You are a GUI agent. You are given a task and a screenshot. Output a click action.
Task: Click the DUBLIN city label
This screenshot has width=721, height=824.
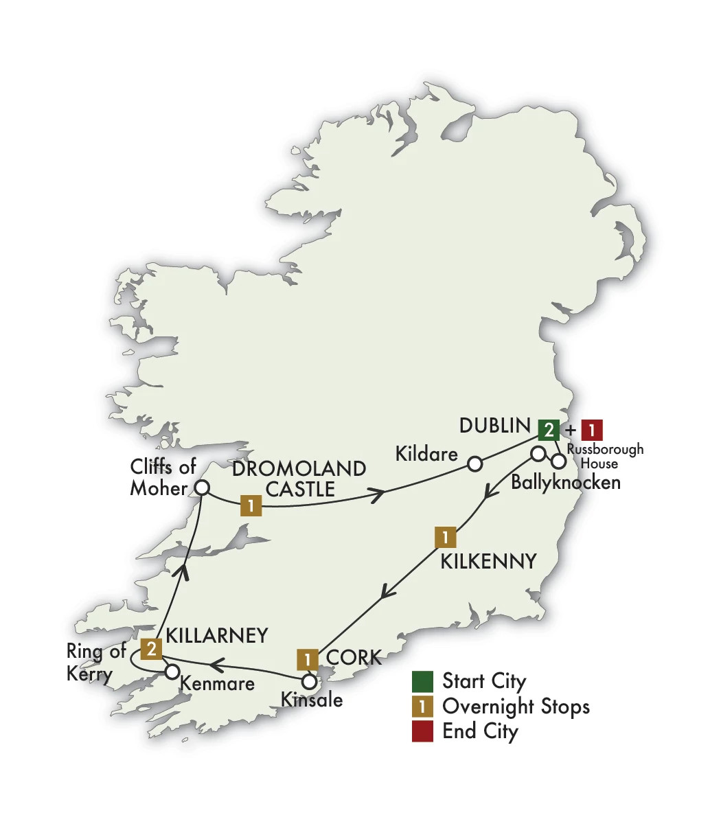[x=494, y=426]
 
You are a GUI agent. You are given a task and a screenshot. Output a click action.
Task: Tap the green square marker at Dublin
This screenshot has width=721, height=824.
[x=549, y=430]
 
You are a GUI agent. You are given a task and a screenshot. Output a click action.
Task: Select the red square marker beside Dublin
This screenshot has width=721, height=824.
[x=592, y=430]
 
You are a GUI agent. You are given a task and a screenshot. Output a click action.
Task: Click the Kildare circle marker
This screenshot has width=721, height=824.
[x=474, y=464]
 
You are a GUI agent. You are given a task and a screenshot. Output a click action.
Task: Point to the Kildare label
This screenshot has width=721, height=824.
[x=426, y=453]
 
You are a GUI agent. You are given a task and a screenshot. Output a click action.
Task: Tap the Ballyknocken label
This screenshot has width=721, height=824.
[x=566, y=482]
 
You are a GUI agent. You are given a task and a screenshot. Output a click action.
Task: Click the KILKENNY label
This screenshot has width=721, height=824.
[x=488, y=562]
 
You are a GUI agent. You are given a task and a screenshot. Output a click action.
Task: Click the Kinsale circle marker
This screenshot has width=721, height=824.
[x=310, y=683]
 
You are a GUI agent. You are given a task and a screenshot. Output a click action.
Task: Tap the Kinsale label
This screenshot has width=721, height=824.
[x=312, y=700]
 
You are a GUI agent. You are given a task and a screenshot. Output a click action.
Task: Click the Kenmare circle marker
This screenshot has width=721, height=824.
[x=172, y=671]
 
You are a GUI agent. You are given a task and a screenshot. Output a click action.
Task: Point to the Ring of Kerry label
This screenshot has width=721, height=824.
[x=95, y=663]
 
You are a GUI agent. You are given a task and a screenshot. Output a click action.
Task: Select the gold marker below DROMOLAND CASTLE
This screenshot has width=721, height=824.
[x=251, y=507]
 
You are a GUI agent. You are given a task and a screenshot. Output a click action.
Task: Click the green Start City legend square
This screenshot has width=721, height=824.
[x=422, y=681]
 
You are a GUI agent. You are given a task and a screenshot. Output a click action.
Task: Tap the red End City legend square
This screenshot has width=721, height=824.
[x=422, y=731]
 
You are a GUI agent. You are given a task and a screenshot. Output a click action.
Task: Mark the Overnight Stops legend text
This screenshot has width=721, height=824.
[x=516, y=706]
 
